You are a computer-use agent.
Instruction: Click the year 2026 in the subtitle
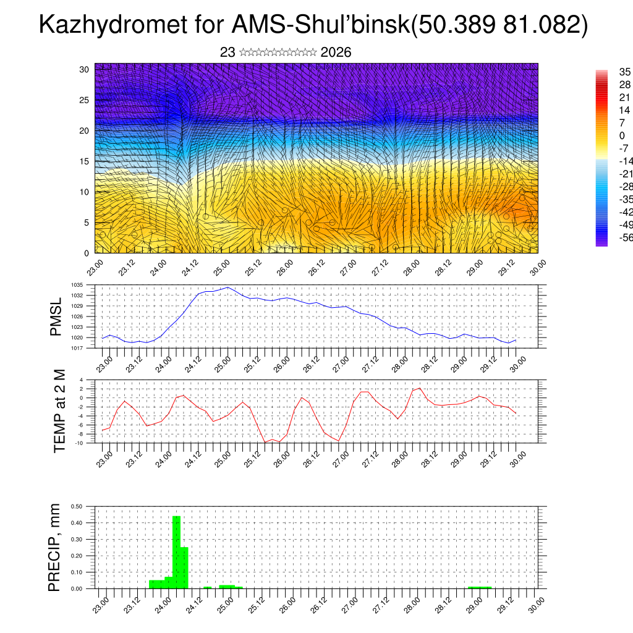tap(336, 53)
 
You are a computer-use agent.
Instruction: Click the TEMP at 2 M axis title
tap(59, 411)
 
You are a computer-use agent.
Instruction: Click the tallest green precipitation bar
tap(176, 551)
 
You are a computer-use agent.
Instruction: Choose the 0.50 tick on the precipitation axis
tap(77, 506)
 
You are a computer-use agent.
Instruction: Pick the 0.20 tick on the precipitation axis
tap(77, 556)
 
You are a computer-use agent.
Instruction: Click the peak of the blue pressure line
tap(228, 287)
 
